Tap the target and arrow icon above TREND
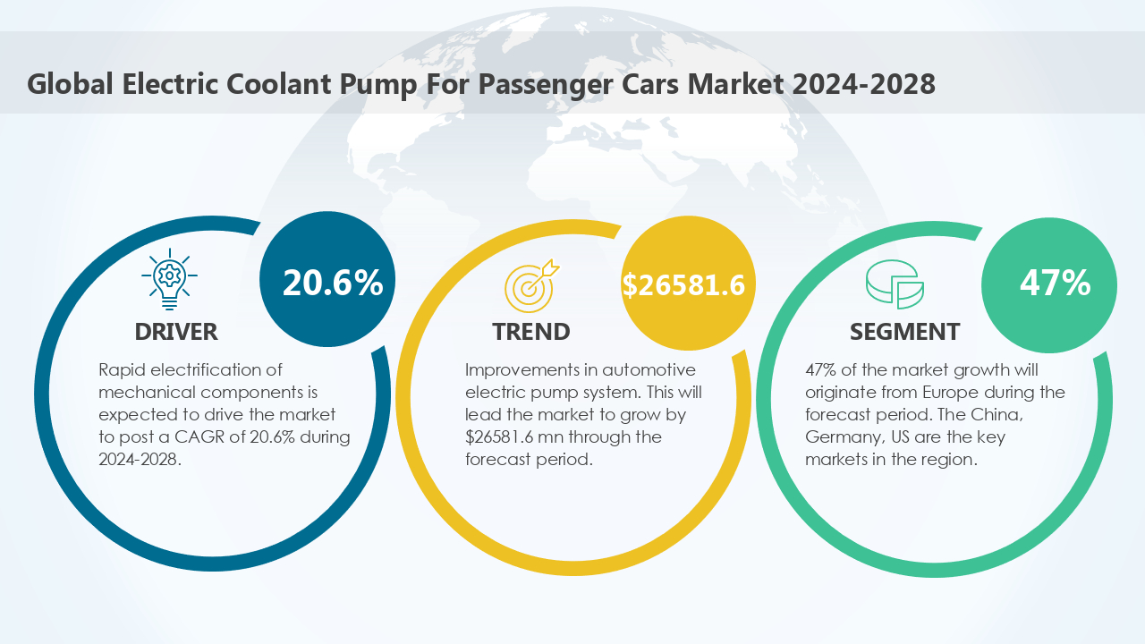530,283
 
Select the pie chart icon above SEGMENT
894,284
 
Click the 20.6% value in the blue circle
333,283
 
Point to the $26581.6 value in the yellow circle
684,284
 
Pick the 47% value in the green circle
1055,283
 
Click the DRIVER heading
176,332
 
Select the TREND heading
530,332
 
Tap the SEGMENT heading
904,332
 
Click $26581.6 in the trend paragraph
504,436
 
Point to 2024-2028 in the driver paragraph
140,459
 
